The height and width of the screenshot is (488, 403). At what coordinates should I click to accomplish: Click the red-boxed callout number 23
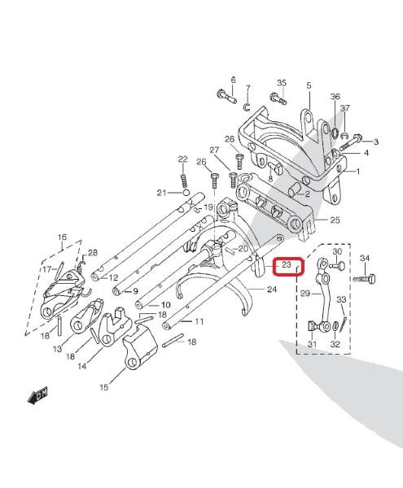(x=286, y=265)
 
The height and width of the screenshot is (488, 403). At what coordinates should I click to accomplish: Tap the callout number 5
(x=309, y=85)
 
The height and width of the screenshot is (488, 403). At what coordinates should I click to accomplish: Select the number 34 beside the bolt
(x=365, y=258)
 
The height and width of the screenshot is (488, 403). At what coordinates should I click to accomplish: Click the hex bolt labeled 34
(x=365, y=278)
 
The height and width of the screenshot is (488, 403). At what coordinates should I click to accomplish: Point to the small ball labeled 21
(x=186, y=193)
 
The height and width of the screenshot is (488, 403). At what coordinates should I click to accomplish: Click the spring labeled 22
(x=183, y=180)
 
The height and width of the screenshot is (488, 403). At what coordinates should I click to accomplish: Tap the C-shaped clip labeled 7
(x=247, y=107)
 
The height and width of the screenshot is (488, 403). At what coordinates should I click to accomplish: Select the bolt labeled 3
(x=351, y=142)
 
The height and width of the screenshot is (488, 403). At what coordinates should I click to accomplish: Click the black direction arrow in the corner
(x=37, y=395)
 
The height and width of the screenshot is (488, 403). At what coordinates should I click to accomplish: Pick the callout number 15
(x=104, y=387)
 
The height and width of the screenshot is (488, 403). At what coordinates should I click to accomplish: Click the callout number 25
(x=335, y=220)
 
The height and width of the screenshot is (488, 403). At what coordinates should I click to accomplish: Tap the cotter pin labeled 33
(x=344, y=325)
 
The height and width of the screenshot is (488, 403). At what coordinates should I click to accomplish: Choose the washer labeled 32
(x=335, y=326)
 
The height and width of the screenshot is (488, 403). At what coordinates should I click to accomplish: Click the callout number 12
(x=113, y=277)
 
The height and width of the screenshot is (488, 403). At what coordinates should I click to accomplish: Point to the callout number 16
(x=63, y=237)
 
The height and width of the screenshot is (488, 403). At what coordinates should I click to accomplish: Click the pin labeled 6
(x=226, y=96)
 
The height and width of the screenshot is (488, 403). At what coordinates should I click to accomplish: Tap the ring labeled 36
(x=335, y=133)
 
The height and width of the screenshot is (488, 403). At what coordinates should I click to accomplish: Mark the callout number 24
(x=272, y=290)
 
